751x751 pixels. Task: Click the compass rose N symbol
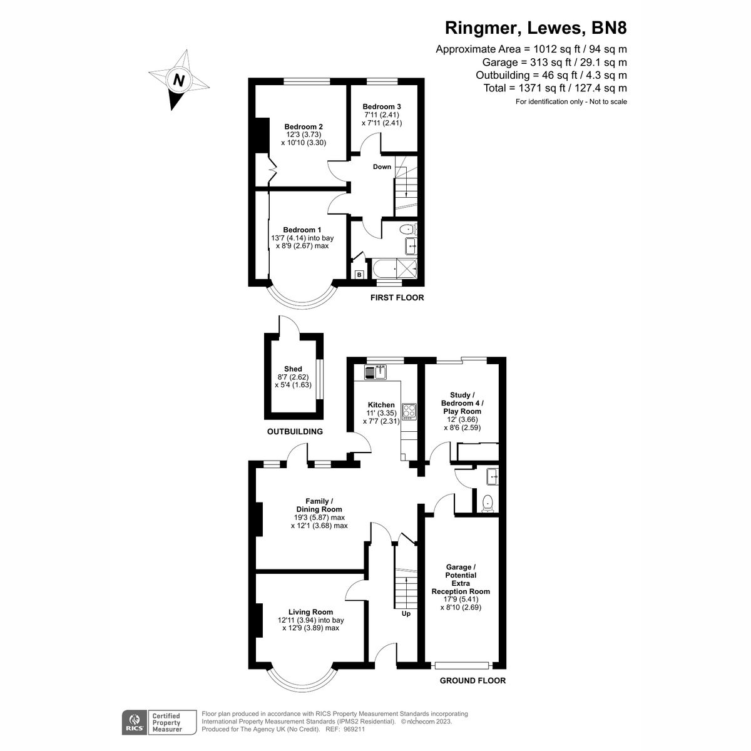[x=179, y=80]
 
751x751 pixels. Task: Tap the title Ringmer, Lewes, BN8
[x=535, y=28]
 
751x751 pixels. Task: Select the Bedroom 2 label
[x=304, y=126]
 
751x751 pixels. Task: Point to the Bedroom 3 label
[x=382, y=106]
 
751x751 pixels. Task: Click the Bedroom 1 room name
[x=302, y=230]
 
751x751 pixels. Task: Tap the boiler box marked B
[x=359, y=275]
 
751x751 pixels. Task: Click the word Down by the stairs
[x=382, y=167]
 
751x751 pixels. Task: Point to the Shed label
[x=293, y=369]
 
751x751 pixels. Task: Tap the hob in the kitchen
[x=409, y=411]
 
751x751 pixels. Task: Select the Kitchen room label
[x=381, y=405]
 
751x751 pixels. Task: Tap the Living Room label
[x=310, y=611]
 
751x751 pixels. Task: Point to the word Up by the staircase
[x=406, y=614]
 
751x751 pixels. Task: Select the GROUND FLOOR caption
[x=473, y=681]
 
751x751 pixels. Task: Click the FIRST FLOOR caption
[x=397, y=298]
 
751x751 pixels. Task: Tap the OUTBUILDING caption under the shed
[x=295, y=432]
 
